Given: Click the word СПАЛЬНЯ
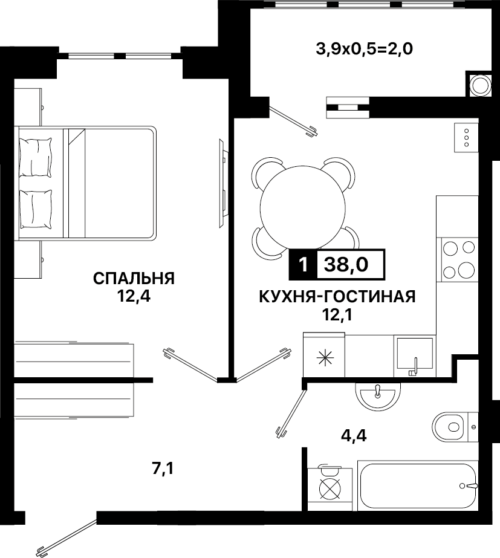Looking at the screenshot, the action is click(x=134, y=278).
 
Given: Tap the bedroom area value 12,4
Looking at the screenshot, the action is click(x=134, y=296).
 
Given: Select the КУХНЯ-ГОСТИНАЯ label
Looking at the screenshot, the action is click(x=337, y=296).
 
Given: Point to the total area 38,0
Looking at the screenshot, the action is click(x=346, y=264).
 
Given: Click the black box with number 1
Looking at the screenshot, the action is click(x=303, y=264).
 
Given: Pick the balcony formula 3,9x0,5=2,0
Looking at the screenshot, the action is click(x=365, y=49).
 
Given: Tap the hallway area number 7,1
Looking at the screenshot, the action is click(x=163, y=469).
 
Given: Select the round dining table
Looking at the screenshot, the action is click(x=303, y=207).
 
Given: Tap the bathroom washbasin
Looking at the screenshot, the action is click(x=378, y=397).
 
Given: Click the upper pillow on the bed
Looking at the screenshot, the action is click(x=35, y=157).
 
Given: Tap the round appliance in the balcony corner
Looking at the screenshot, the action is click(x=479, y=85).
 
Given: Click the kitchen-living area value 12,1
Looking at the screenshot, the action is click(x=337, y=314).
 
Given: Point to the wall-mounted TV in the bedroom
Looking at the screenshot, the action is click(x=222, y=183).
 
